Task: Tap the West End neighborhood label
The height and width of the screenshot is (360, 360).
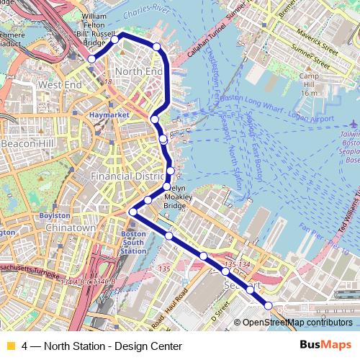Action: point(59,85)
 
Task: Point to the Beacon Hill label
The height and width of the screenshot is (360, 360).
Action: point(23,144)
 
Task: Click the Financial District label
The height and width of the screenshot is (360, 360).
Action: point(129,176)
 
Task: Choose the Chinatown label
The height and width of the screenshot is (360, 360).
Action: point(70,228)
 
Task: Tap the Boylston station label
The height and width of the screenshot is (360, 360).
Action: point(54,215)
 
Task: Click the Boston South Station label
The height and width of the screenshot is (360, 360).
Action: point(134,242)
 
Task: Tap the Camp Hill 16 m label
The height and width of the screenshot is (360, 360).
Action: point(309,84)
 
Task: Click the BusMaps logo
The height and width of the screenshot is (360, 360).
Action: point(330,346)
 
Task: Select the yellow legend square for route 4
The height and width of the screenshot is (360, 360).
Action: point(10,346)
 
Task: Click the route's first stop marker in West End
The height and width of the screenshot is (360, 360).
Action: point(91,59)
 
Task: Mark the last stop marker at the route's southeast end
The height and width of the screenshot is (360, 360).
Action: point(269,305)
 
